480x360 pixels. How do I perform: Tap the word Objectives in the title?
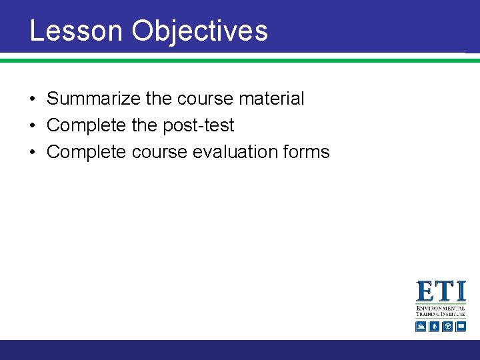(199, 31)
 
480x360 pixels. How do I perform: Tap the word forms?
(305, 152)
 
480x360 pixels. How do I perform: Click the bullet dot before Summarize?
(32, 99)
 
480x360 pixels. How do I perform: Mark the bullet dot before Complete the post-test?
(32, 126)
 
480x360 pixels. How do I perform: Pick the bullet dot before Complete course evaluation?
(32, 153)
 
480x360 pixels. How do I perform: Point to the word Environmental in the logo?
(441, 309)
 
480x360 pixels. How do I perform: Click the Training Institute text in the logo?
(441, 315)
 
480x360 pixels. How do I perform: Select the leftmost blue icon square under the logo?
(421, 326)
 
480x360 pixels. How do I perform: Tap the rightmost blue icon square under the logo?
(460, 326)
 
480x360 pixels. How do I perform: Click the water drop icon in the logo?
(434, 326)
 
